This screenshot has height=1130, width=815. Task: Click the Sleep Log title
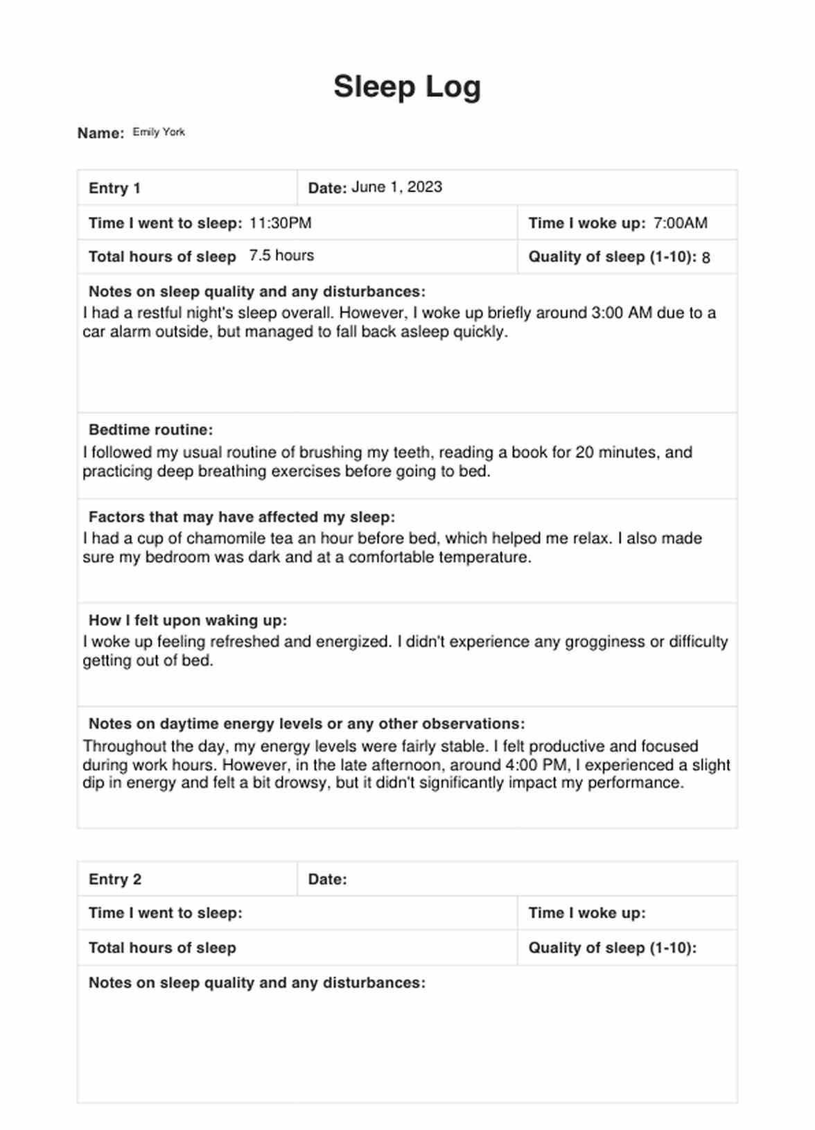click(x=407, y=87)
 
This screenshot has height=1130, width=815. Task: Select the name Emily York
click(x=159, y=132)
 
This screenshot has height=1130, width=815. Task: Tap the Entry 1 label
click(x=114, y=188)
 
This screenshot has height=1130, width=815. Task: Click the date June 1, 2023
click(x=396, y=187)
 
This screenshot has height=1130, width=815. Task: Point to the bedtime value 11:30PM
click(x=280, y=223)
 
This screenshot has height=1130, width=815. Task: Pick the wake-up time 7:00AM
click(x=680, y=223)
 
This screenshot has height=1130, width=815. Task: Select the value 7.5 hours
click(x=281, y=255)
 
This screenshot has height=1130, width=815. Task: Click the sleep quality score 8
click(x=706, y=258)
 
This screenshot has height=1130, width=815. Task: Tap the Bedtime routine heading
click(x=150, y=430)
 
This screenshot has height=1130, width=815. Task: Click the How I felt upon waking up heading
click(x=187, y=620)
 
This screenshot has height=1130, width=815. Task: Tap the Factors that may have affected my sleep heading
click(x=241, y=517)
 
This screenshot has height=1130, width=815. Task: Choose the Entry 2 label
click(x=114, y=879)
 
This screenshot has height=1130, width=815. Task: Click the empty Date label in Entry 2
click(x=327, y=879)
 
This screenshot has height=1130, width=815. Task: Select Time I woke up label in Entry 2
click(x=586, y=913)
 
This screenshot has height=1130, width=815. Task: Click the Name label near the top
click(x=100, y=133)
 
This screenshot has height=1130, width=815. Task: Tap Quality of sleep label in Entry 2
click(x=612, y=948)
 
